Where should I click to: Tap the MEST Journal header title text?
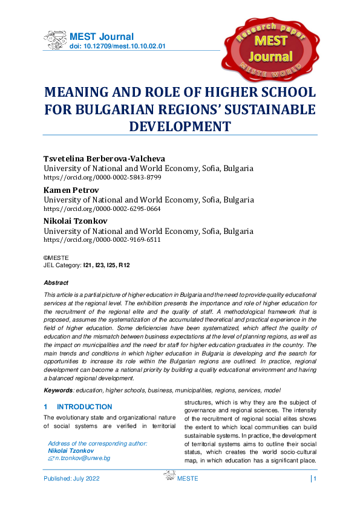pos(102,37)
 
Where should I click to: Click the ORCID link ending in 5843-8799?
pos(102,178)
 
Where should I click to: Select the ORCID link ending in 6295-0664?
pos(102,209)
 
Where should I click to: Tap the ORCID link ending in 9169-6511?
pos(102,239)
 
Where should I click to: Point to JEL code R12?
pos(124,265)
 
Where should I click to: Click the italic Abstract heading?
pos(56,282)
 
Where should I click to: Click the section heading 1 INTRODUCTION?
pos(78,407)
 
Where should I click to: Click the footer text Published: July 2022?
pos(71,479)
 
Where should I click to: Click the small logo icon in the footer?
pos(169,478)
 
